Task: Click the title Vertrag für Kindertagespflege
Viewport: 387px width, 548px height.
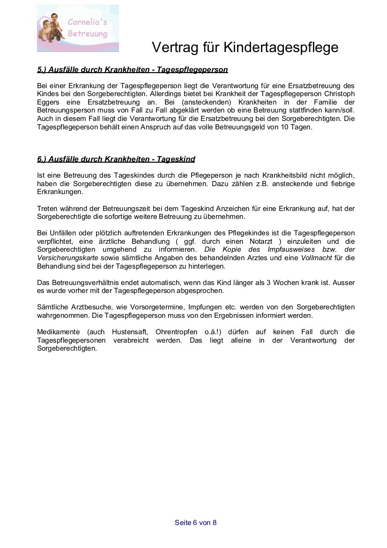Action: click(x=245, y=47)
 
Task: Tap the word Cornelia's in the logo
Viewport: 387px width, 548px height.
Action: click(x=88, y=22)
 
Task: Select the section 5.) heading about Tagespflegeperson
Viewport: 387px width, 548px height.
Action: click(x=132, y=70)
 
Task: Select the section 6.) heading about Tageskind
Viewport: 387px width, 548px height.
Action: click(x=116, y=159)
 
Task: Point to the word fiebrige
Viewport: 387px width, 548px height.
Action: click(x=341, y=184)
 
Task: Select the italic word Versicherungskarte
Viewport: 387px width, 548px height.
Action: click(x=67, y=258)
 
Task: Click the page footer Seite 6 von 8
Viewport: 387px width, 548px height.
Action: click(x=195, y=523)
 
